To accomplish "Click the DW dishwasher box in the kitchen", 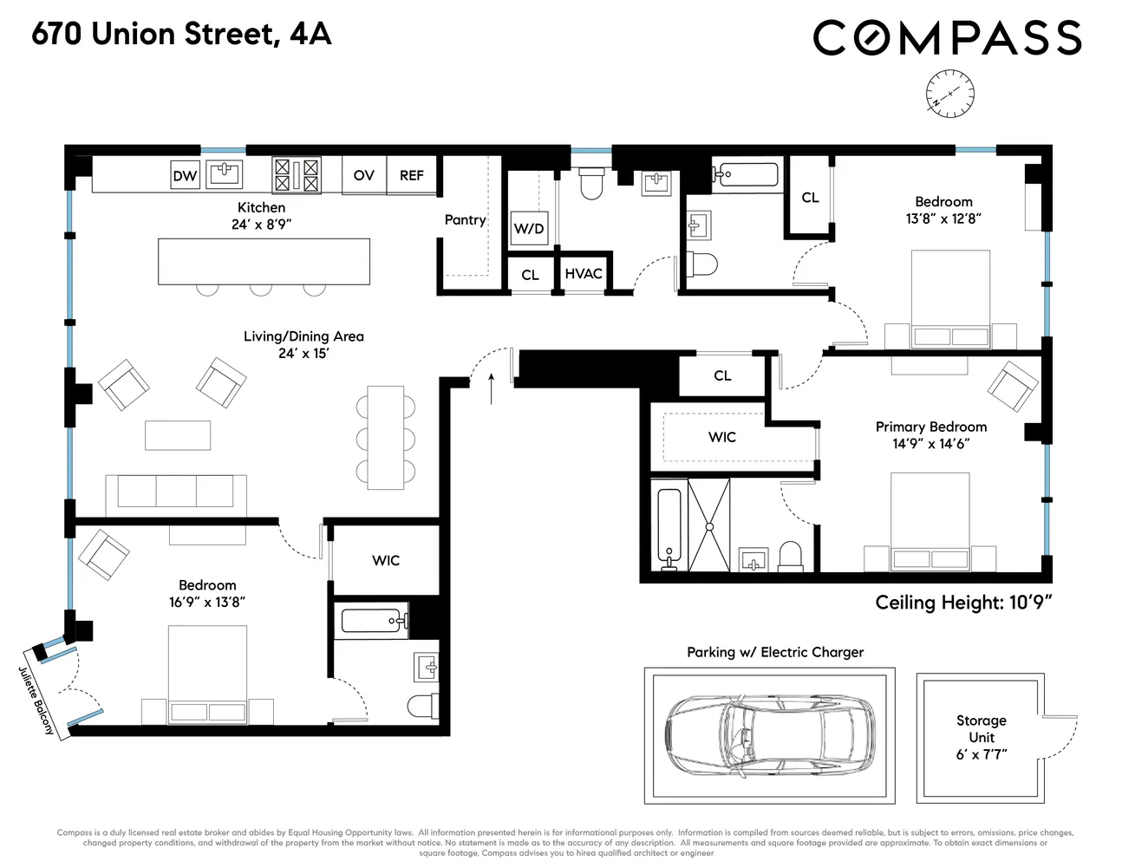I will pos(185,175).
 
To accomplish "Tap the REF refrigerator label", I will pos(411,175).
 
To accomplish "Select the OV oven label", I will pos(364,175).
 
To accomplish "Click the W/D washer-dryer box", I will pos(529,229).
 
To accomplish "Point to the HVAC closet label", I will pos(584,274).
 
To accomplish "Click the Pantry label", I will pos(465,220).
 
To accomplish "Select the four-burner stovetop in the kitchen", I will pos(297,174).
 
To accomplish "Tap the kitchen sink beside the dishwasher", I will pos(223,173).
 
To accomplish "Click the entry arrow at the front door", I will pos(492,388).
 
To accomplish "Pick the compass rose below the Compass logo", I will pos(949,92).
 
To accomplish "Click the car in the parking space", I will pos(770,735).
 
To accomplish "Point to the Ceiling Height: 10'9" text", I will pos(963,603).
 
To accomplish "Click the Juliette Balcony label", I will pos(36,701).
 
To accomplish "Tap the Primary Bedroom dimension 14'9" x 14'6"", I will pos(931,444).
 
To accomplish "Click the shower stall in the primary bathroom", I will pos(709,525).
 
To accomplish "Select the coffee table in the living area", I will pos(178,435).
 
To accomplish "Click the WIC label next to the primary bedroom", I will pos(722,437).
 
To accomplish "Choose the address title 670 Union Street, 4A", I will pos(181,35).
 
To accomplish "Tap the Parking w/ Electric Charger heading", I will pos(775,652).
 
